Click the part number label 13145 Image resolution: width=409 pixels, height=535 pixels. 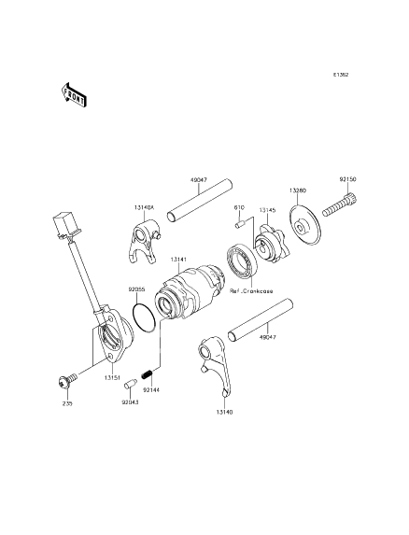pyautogui.click(x=269, y=211)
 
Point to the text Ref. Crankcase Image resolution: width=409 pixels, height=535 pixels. pyautogui.click(x=251, y=291)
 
